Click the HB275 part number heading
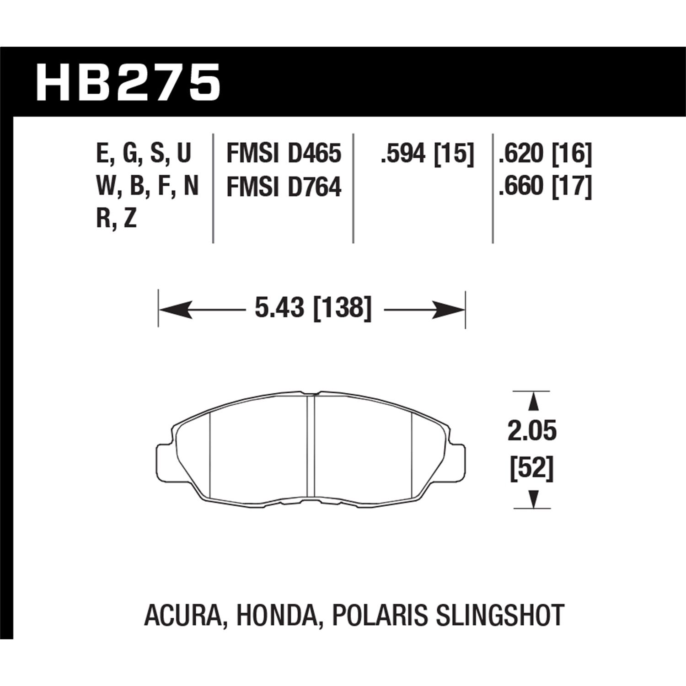coord(129,82)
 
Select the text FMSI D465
coord(284,153)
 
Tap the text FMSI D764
coord(284,187)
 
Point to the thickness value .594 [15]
coord(426,153)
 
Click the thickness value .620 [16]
coord(545,153)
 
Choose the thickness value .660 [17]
coord(545,187)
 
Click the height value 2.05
coord(532,431)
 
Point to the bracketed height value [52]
coord(532,469)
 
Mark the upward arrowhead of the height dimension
coord(532,402)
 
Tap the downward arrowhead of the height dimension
coord(532,499)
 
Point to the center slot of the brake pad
coord(311,446)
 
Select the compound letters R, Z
coord(116,220)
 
